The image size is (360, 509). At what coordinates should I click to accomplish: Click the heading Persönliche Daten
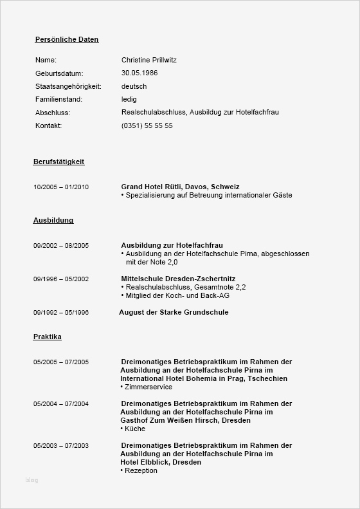click(67, 39)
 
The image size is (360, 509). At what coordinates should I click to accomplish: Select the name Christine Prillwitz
click(148, 60)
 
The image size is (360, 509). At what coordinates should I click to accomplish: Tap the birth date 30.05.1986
click(139, 73)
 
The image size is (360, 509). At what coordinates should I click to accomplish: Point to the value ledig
click(129, 100)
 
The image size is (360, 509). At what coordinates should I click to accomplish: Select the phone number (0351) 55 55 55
click(147, 126)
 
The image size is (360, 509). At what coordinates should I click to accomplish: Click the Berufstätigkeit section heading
click(59, 162)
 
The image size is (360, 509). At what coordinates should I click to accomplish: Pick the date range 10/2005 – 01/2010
click(61, 187)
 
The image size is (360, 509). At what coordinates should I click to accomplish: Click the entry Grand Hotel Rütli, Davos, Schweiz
click(180, 187)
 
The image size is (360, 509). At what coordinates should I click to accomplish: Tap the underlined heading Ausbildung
click(53, 220)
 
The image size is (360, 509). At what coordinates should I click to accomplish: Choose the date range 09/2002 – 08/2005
click(61, 246)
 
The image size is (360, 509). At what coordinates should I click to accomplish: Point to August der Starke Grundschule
click(174, 312)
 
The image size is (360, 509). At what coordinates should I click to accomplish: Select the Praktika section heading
click(48, 337)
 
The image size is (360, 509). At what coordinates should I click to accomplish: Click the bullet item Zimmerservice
click(148, 387)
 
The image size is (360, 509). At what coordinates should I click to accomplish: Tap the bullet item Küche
click(135, 429)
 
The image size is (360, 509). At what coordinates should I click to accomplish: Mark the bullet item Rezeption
click(141, 470)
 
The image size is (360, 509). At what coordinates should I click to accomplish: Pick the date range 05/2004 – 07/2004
click(61, 404)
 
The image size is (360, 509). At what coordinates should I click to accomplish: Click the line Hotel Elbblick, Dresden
click(161, 462)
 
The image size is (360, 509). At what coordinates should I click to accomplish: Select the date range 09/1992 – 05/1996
click(61, 313)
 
